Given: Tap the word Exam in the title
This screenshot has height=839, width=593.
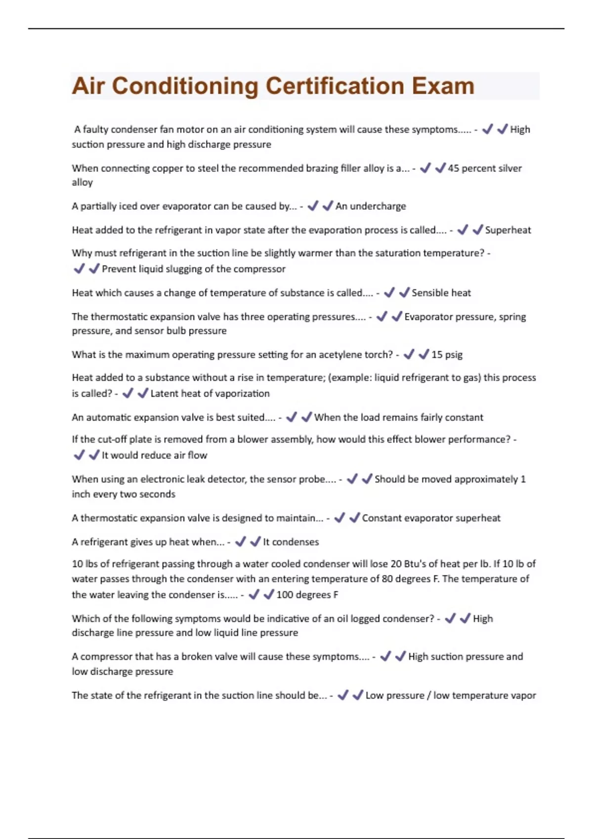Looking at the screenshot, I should coord(443,86).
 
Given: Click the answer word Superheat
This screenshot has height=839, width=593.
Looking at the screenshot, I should coord(508,230).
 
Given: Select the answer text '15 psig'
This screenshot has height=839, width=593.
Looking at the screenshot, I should coord(447,354).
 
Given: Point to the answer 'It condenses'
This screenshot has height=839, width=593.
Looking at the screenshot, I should coord(291,542).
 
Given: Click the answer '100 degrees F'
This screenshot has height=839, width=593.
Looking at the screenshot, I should coord(307,595).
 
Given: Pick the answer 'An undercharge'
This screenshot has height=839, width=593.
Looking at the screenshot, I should coord(371,206).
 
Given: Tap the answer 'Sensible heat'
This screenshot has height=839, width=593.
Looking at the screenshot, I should coord(441,293).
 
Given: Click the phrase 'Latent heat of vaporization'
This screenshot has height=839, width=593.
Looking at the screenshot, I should coord(210,394).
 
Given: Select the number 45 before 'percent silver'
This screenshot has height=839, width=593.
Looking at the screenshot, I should coord(454,168).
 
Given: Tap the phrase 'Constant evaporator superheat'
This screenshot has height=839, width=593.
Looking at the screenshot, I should coord(431,518).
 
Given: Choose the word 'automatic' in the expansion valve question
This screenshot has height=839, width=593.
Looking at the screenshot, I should coord(111,418).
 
